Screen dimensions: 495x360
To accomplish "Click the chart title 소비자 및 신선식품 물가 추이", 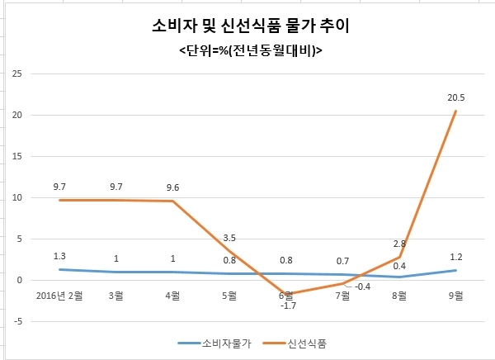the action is click(x=251, y=26).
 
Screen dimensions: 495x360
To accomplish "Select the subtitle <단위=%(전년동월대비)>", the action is click(x=251, y=50).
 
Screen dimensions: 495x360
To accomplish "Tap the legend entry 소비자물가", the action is click(x=227, y=343).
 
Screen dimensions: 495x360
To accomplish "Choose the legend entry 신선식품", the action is click(x=307, y=343).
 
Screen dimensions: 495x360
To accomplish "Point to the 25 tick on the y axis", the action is click(x=17, y=73).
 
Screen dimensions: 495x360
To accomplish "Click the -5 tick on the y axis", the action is click(x=18, y=321).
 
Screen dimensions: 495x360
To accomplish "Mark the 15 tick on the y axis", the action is click(x=17, y=156).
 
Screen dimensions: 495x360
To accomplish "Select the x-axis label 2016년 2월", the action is click(x=59, y=296).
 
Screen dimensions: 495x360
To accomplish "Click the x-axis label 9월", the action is click(x=456, y=296).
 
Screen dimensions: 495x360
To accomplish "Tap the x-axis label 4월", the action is click(x=172, y=296).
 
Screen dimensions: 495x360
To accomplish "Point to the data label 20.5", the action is click(x=456, y=97).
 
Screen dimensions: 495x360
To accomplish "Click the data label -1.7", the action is click(x=288, y=306).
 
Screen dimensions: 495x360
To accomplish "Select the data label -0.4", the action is click(x=362, y=287).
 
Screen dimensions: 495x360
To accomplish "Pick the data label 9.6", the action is click(x=172, y=187).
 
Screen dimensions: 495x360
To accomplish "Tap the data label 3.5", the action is click(x=229, y=238).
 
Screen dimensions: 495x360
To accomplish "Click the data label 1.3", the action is click(x=59, y=256).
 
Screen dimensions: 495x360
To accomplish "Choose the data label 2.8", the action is click(x=399, y=244).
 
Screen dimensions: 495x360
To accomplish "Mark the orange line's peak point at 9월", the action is click(x=456, y=111).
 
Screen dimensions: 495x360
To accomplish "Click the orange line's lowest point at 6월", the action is click(x=286, y=294).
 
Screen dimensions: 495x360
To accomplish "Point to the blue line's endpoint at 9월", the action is click(x=456, y=270).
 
